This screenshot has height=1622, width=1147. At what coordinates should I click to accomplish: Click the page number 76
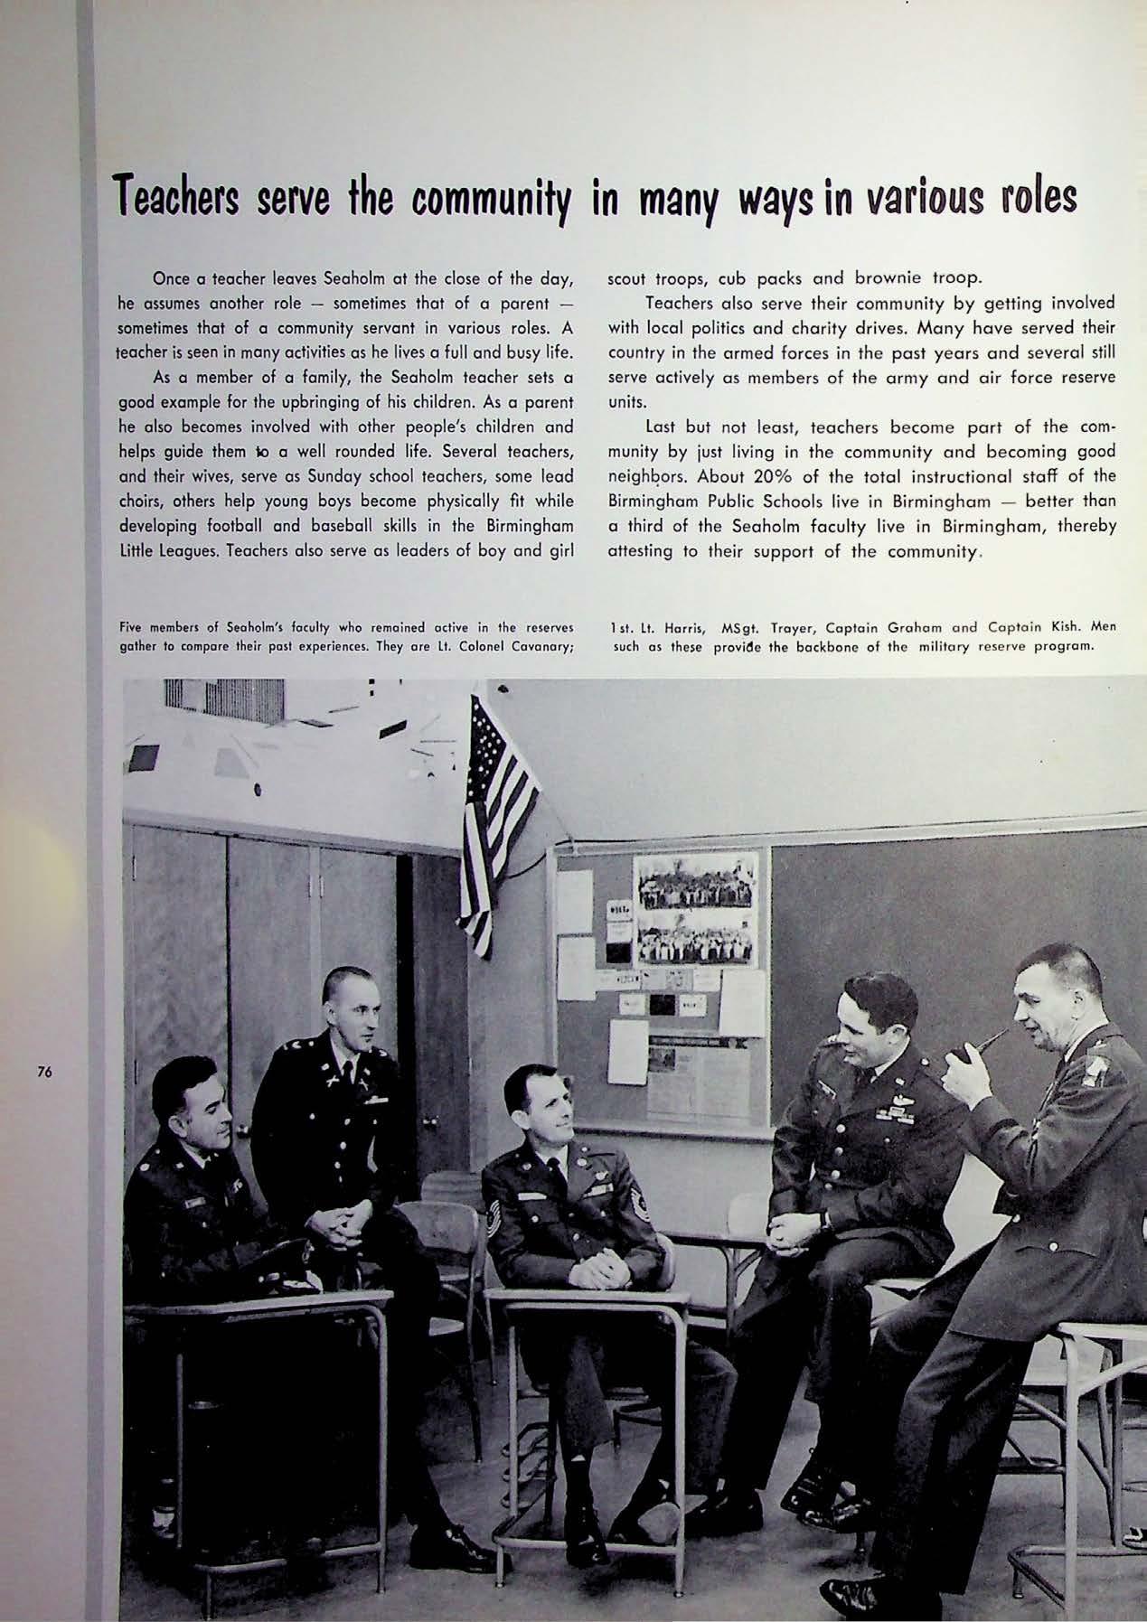pyautogui.click(x=42, y=1073)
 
